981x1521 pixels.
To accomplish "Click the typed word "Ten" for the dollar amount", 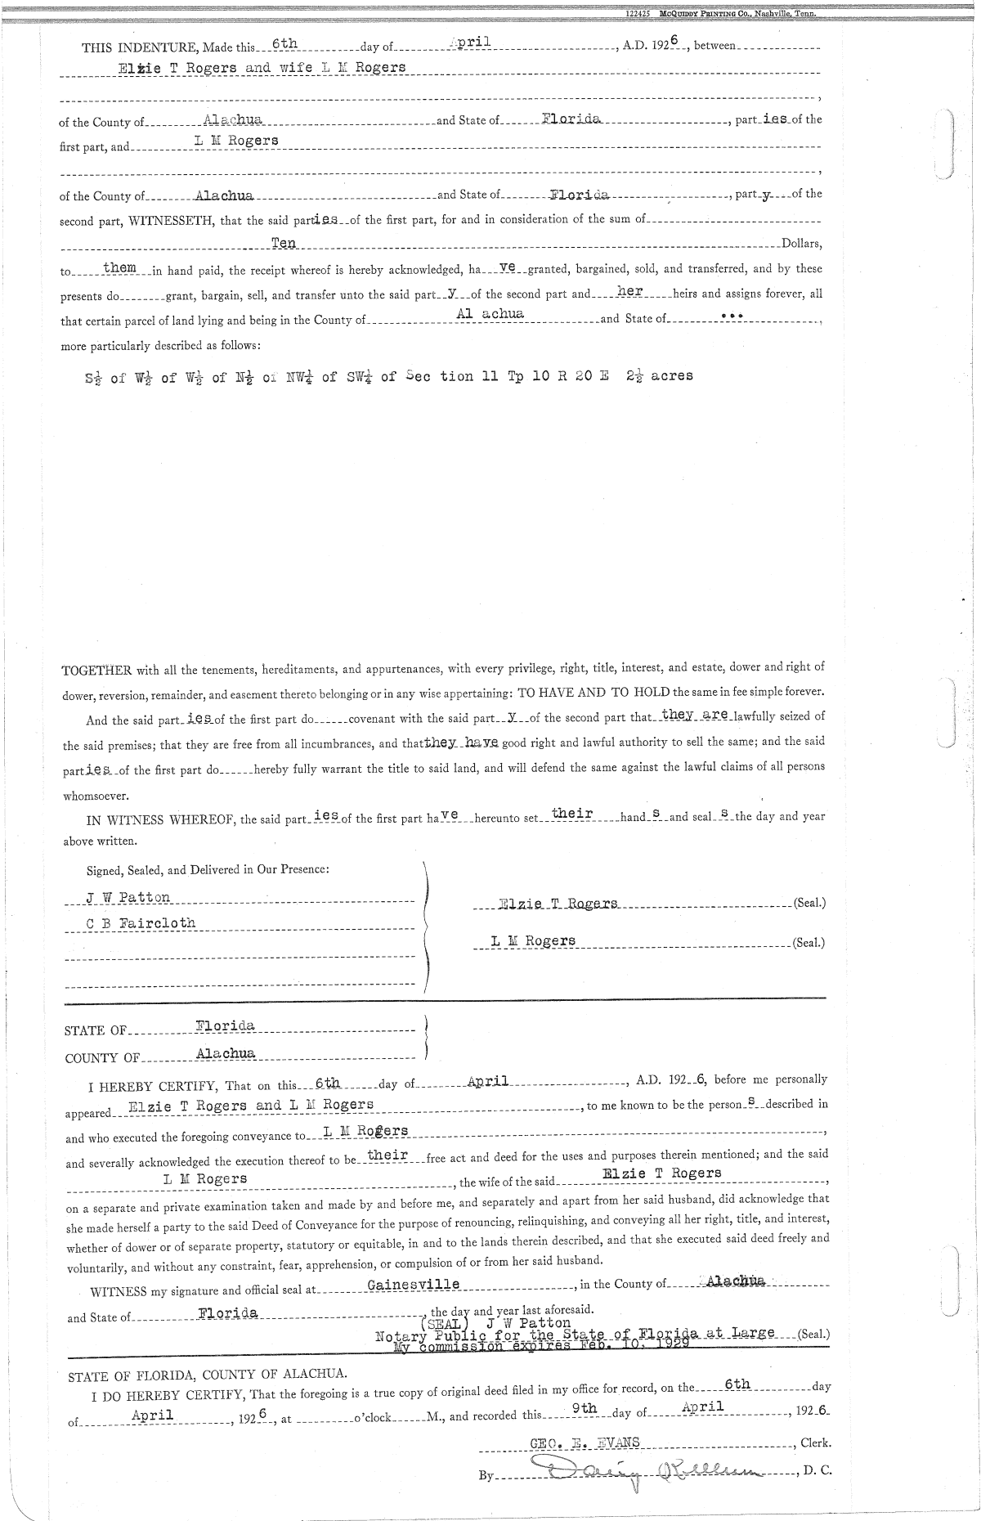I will click(283, 243).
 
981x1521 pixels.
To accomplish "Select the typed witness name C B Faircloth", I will click(141, 923).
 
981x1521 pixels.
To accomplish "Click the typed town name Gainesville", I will click(414, 1285).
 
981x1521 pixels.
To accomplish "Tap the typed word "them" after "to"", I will click(119, 267).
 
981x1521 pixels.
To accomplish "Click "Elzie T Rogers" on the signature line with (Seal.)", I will click(558, 904).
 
